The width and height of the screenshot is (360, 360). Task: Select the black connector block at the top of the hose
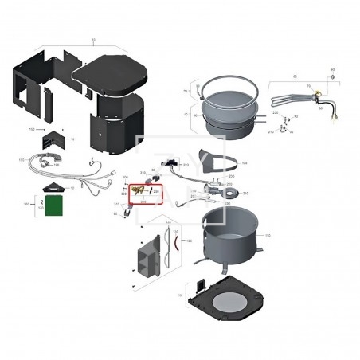[170, 166]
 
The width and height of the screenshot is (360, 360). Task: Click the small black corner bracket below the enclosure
[53, 135]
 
